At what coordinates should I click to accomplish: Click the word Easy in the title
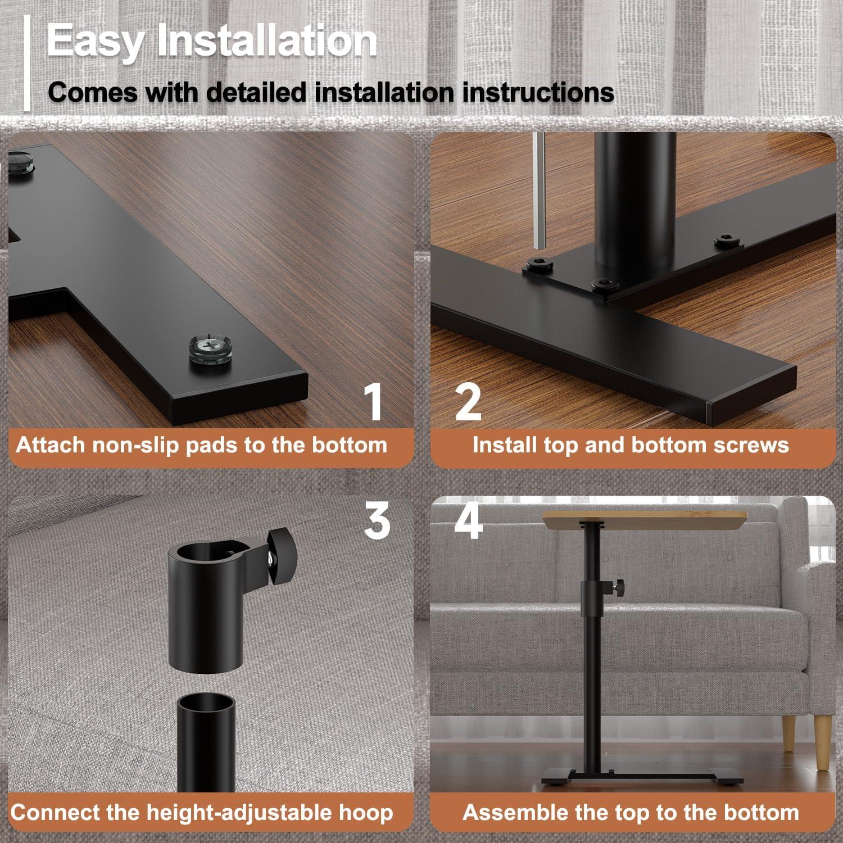(94, 40)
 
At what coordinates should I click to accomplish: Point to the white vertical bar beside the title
(27, 63)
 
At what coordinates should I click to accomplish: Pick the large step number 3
(377, 520)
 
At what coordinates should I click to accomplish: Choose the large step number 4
(468, 521)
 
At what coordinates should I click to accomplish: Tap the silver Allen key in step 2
(539, 191)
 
